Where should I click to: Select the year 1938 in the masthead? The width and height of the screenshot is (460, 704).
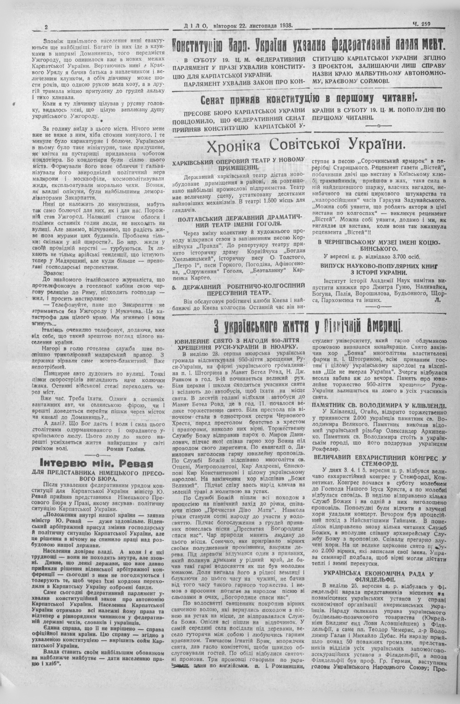[x=283, y=26]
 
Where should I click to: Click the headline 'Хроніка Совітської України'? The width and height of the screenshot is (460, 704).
[x=306, y=146]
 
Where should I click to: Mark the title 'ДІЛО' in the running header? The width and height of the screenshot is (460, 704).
[x=190, y=27]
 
